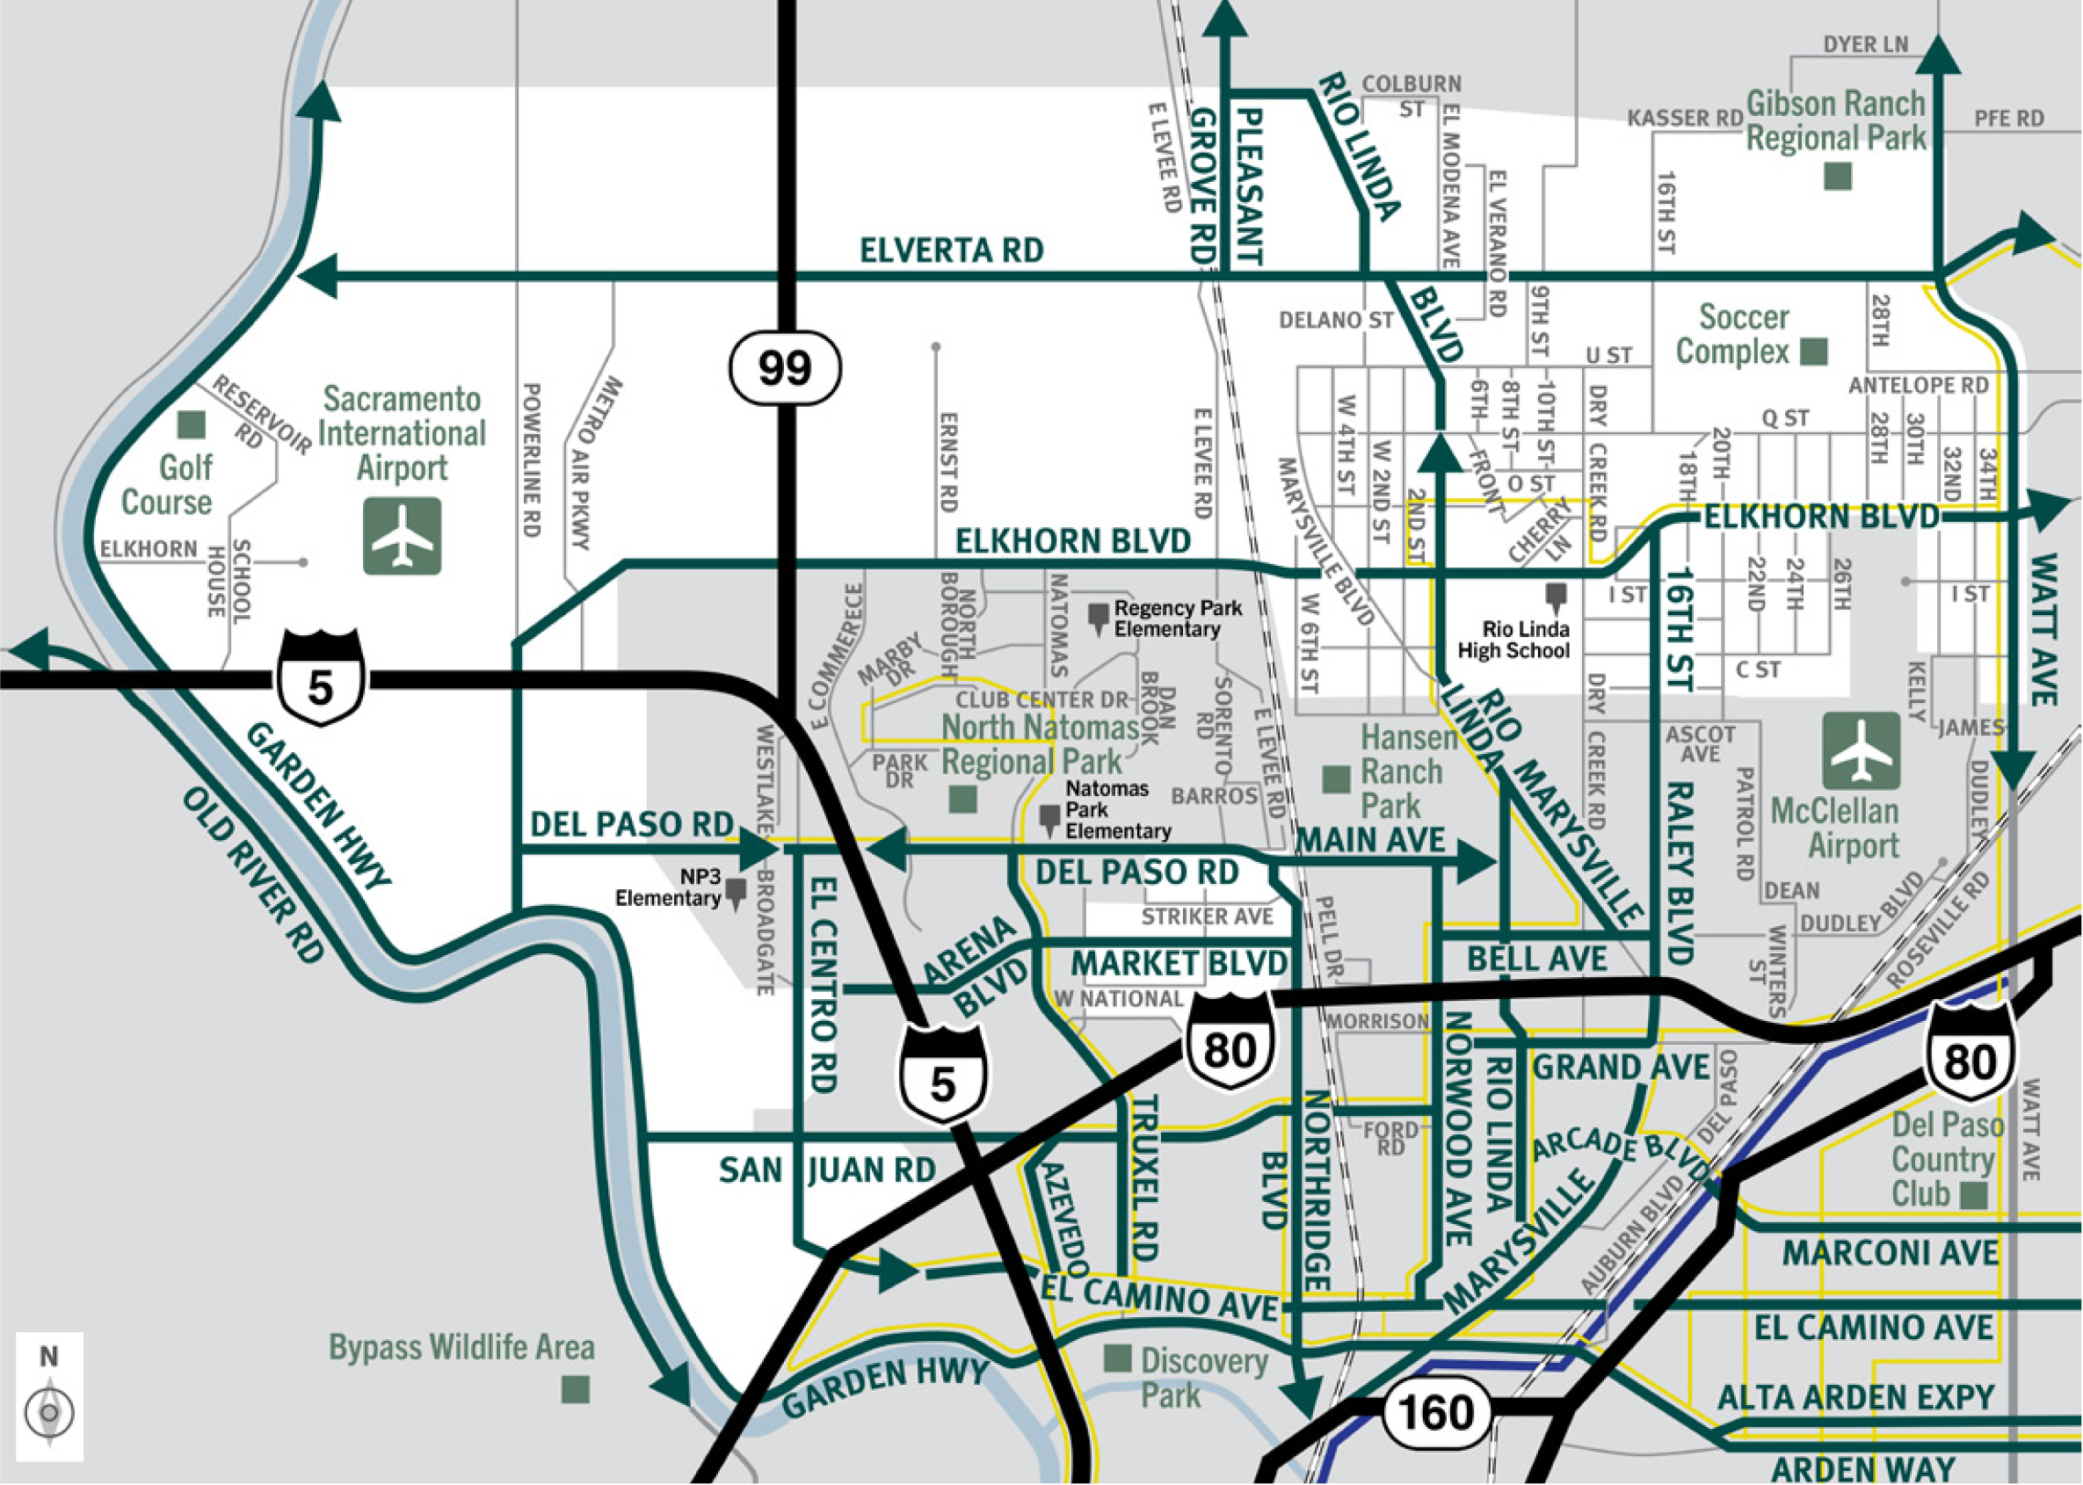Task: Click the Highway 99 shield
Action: coord(785,367)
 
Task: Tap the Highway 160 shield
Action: coord(1435,1413)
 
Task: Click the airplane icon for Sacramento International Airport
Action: coord(403,537)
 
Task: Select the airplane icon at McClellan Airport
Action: coord(1861,751)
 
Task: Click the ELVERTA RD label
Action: coord(951,250)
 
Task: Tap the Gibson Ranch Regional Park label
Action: coord(1835,121)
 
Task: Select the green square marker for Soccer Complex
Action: coord(1813,351)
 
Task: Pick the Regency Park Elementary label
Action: coord(1177,618)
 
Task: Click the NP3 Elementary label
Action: coord(669,887)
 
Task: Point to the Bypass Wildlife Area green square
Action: coord(575,1391)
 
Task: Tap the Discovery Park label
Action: coord(1202,1377)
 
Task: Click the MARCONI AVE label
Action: coord(1890,1253)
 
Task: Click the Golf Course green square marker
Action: coord(191,424)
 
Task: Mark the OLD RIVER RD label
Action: coord(253,875)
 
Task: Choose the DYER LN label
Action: coord(1865,45)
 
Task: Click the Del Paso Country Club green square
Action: coord(1974,1195)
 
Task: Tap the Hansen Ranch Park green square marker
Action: coord(1337,780)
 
